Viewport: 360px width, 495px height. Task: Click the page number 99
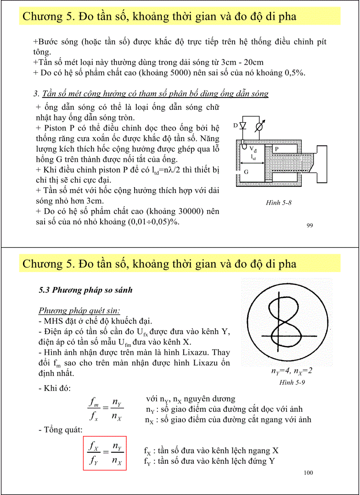click(309, 226)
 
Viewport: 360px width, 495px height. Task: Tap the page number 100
click(308, 473)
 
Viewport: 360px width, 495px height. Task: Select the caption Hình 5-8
click(278, 203)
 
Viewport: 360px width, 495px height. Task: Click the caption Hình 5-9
click(292, 382)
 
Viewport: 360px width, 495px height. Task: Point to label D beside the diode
click(236, 126)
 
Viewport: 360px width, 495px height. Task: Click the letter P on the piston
click(277, 149)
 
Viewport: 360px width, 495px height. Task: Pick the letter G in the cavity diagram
click(246, 172)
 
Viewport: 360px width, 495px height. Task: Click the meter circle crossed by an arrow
click(260, 127)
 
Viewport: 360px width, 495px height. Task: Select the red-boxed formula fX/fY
click(105, 454)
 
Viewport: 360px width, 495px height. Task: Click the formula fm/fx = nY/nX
click(105, 409)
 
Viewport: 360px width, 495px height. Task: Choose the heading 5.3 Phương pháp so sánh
click(86, 290)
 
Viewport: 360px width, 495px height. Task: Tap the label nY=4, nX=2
click(292, 371)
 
